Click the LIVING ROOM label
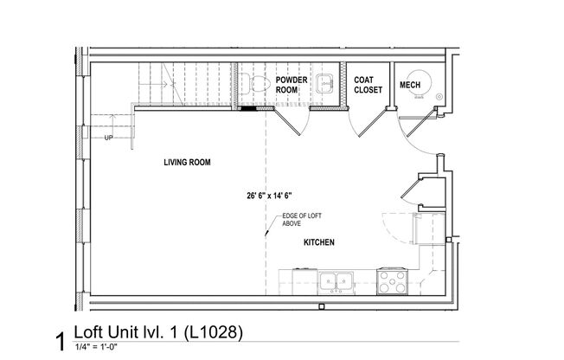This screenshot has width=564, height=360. tap(188, 162)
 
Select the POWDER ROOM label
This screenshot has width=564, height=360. tap(291, 85)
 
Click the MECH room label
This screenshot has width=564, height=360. tap(409, 85)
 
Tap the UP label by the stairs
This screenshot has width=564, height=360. tap(108, 138)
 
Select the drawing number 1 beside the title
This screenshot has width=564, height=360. tap(60, 341)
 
